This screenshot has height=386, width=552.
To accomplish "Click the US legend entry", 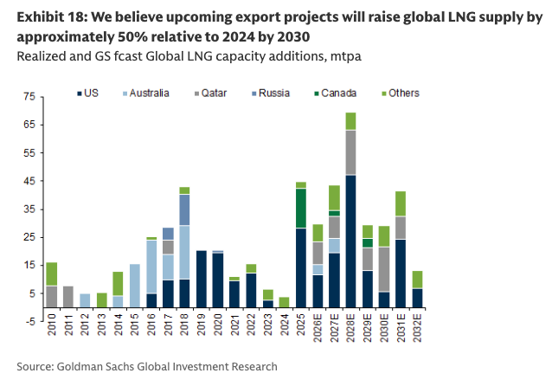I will click(x=95, y=92).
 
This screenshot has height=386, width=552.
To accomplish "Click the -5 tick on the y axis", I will click(x=29, y=321).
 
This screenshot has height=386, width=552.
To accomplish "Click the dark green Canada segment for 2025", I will click(x=301, y=209).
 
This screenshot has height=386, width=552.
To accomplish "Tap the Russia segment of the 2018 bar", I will click(x=183, y=209).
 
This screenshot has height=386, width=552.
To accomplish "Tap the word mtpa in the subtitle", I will click(x=344, y=56).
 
